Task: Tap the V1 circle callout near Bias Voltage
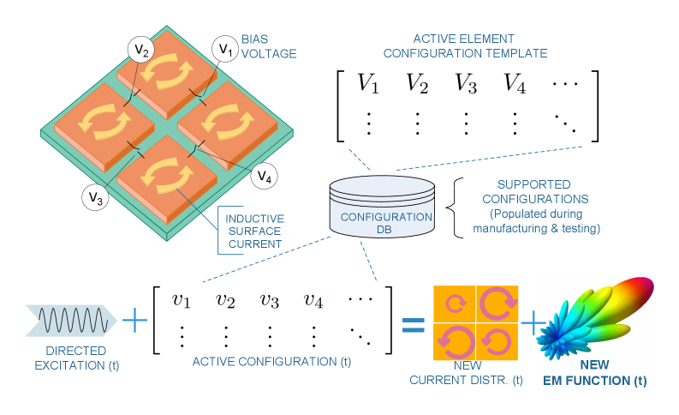coord(224,49)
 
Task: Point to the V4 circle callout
coord(265,177)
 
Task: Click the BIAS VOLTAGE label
coord(268,46)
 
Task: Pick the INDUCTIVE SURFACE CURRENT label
coord(254,232)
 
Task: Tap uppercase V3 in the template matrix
coord(466,84)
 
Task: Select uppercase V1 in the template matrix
coord(369,84)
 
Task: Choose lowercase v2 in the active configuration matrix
coord(225,300)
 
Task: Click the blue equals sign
coord(414,323)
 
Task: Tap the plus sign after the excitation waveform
coord(135,322)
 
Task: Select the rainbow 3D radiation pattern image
coord(595,319)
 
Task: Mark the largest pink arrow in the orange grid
coord(496,304)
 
